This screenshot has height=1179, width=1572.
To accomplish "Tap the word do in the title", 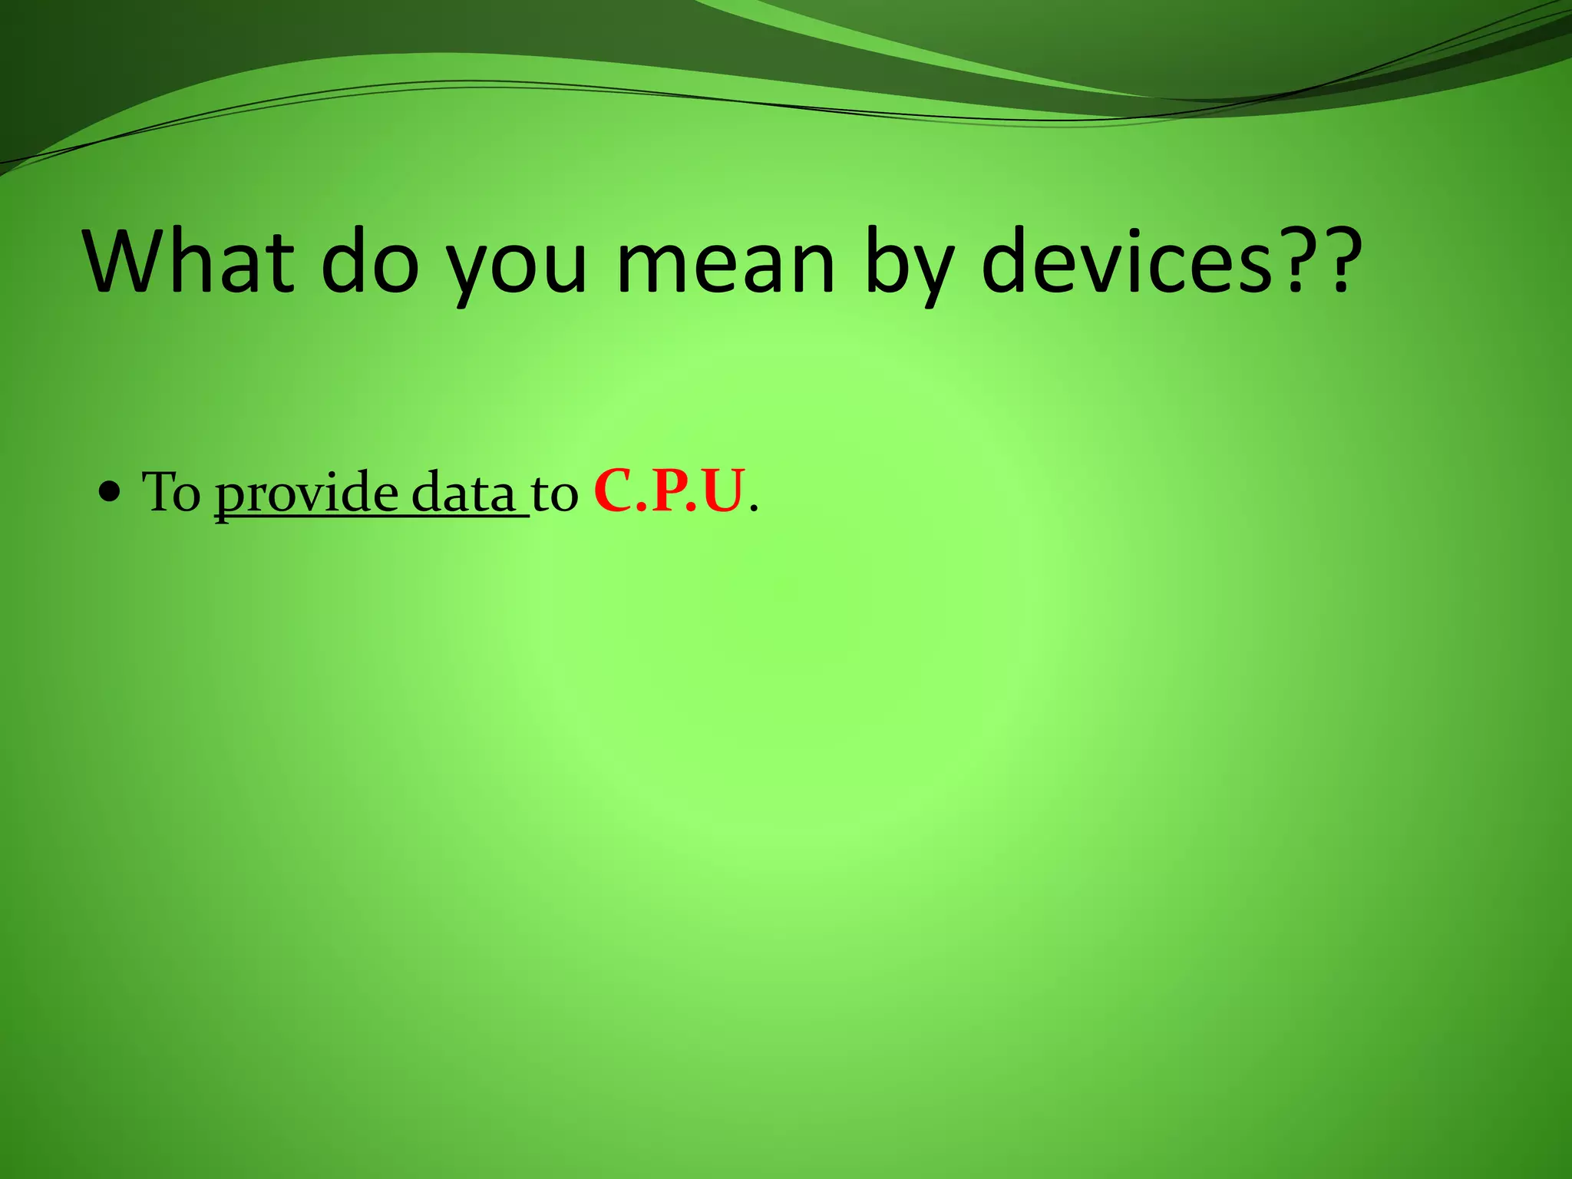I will coord(370,261).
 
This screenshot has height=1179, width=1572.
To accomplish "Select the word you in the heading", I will coord(516,265).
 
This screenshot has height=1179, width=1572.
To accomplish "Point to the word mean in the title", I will coord(725,261).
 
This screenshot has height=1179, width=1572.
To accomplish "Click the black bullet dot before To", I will coord(111,492).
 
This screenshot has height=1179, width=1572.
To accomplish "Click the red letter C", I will coord(613,492).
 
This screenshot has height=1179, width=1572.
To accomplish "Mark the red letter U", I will coord(722,492).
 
